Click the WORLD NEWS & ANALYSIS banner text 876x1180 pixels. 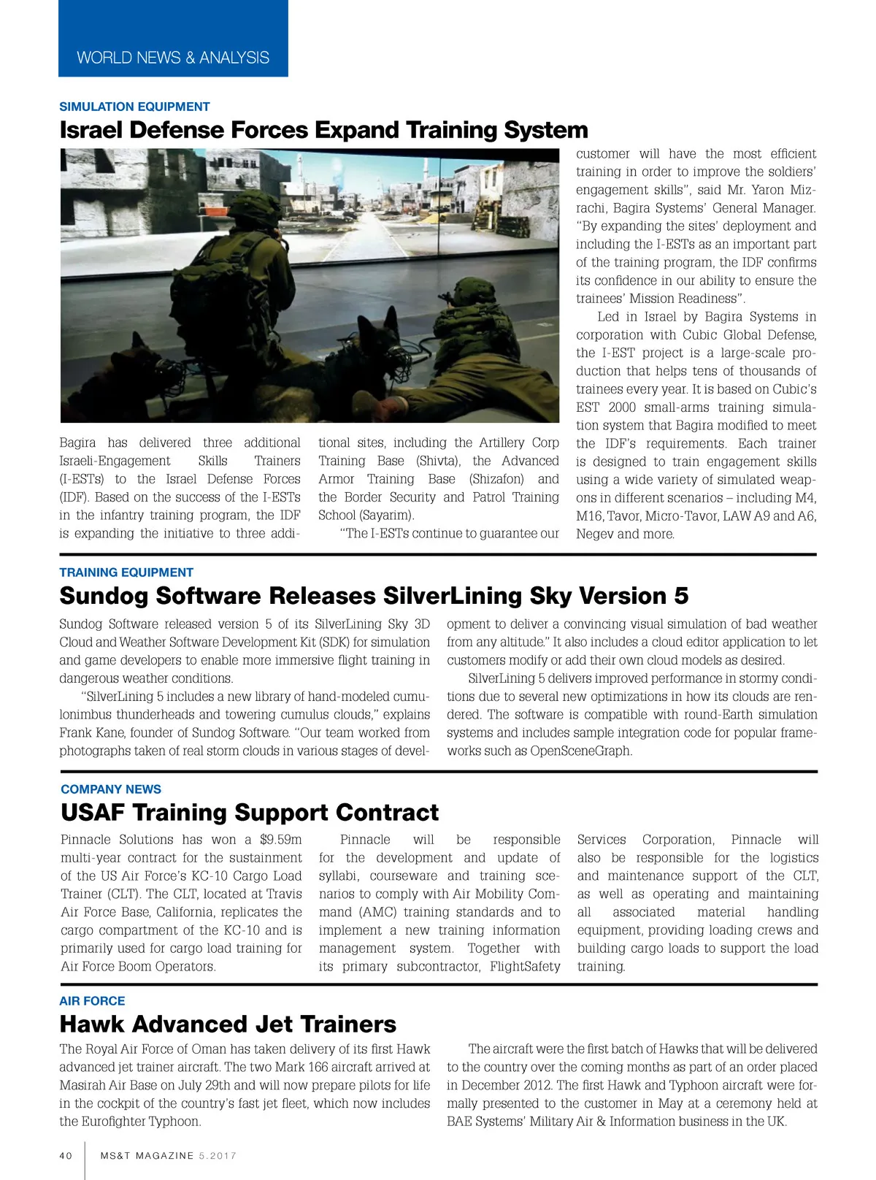click(173, 58)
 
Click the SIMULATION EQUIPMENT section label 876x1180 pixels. click(134, 107)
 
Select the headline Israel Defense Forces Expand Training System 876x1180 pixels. click(323, 130)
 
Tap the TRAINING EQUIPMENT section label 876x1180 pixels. click(126, 572)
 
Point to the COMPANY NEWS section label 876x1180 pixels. click(111, 789)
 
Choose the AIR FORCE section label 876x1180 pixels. click(92, 1001)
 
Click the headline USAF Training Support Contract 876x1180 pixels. click(250, 812)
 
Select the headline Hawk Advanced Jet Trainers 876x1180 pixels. click(228, 1024)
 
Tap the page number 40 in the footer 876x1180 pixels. click(66, 1156)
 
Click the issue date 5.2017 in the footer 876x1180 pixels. click(218, 1156)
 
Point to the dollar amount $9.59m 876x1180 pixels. click(280, 840)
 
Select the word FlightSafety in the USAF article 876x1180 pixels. click(525, 966)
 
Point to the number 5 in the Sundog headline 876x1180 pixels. click(680, 596)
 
